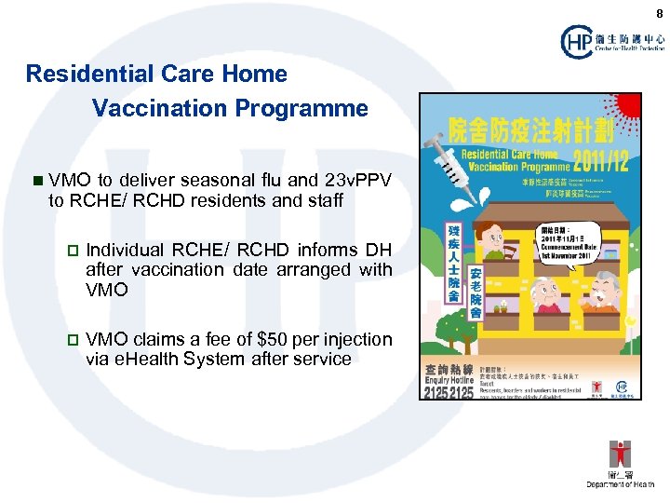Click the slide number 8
coord(659,14)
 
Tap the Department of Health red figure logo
coord(619,455)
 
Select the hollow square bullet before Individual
coord(72,251)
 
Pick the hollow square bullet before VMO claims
coord(72,339)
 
